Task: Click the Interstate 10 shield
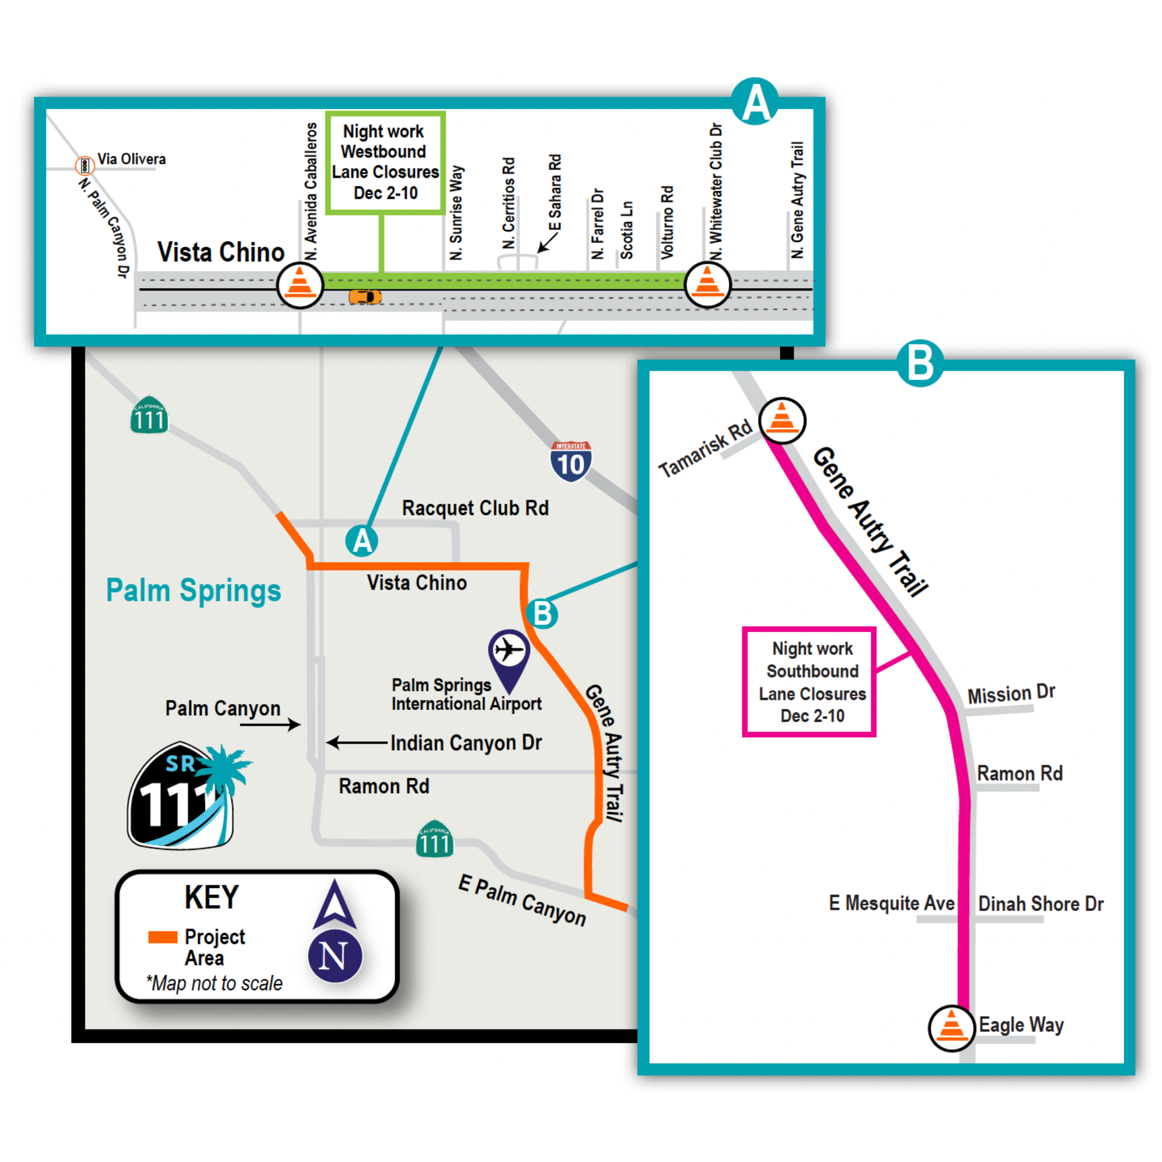click(570, 462)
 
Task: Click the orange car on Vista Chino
click(365, 296)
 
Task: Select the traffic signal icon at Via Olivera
click(84, 165)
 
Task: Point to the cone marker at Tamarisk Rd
click(782, 421)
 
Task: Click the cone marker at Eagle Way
click(952, 1028)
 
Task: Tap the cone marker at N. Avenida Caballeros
click(300, 285)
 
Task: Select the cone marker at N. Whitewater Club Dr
click(707, 285)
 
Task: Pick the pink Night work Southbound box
click(809, 682)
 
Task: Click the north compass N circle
click(335, 956)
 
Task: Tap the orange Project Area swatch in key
click(163, 937)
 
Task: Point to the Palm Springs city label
click(193, 590)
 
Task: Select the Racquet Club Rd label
click(475, 508)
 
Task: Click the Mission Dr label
click(1011, 694)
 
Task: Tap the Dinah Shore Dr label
click(1041, 904)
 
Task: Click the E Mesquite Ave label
click(891, 903)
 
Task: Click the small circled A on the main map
click(361, 541)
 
